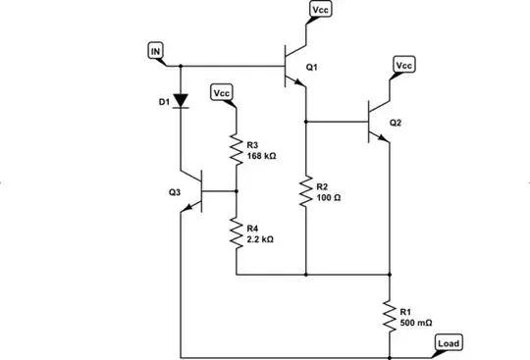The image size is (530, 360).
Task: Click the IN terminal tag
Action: tap(155, 50)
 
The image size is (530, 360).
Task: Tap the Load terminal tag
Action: tap(449, 343)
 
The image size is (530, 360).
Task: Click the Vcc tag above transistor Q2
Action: tap(404, 65)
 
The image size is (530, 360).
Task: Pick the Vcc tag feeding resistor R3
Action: tap(223, 93)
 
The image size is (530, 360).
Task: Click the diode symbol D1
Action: tap(182, 101)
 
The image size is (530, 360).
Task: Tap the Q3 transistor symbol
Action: tap(196, 191)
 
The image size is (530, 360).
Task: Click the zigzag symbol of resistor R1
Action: tap(390, 314)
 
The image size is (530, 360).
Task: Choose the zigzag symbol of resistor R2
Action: tap(306, 191)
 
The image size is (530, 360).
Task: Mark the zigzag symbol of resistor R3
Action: tap(237, 148)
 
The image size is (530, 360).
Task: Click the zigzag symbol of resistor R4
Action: tap(237, 232)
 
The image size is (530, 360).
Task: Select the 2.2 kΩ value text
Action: tap(261, 238)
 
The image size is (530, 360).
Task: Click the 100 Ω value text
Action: tap(329, 197)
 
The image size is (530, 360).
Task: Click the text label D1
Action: tap(164, 101)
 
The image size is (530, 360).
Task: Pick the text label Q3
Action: tap(175, 193)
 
